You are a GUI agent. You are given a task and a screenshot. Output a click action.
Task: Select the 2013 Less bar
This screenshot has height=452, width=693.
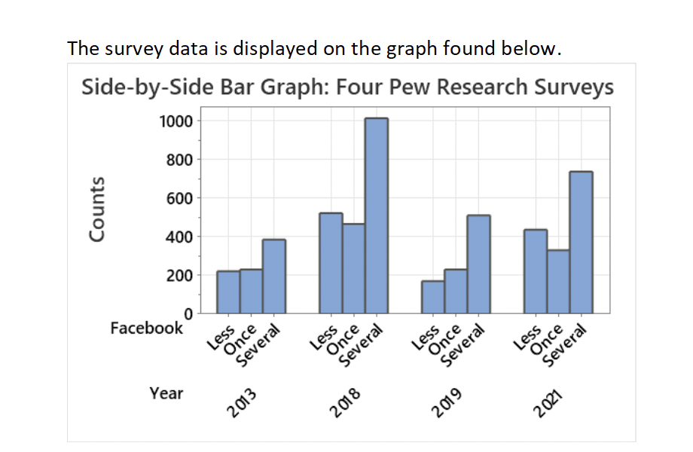[x=228, y=292]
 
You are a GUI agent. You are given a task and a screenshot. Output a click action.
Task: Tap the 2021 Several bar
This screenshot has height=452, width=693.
[x=581, y=242]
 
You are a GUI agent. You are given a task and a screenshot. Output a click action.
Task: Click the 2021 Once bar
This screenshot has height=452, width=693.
[x=558, y=281]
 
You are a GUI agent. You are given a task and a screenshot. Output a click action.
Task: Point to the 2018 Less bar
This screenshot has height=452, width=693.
[x=331, y=262]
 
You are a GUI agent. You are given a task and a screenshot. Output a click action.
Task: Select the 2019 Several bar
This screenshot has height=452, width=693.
[x=478, y=264]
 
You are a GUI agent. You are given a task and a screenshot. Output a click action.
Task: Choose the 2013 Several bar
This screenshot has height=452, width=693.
[x=273, y=276]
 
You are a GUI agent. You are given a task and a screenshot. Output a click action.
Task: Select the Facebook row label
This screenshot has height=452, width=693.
[x=146, y=328]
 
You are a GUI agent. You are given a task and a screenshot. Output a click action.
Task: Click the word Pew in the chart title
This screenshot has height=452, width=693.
[x=411, y=87]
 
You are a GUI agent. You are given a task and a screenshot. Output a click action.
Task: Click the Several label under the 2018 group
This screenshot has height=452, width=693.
[x=361, y=345]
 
